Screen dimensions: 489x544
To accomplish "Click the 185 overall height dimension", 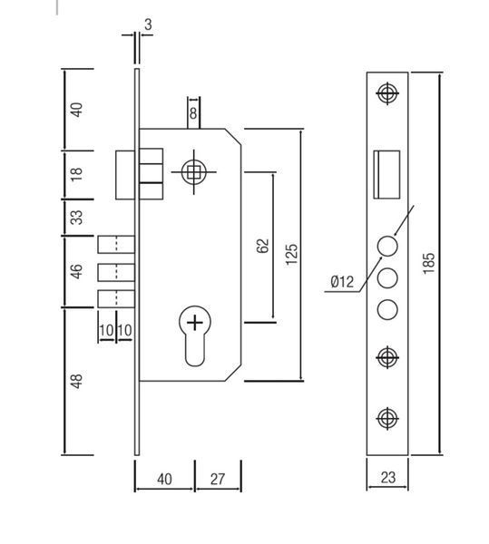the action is coord(428,263).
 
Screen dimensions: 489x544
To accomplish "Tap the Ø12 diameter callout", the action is coord(342,281).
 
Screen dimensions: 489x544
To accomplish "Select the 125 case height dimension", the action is coord(291,254).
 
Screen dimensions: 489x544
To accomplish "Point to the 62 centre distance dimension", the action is coord(264,246).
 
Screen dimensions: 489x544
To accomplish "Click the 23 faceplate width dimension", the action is coord(387,478).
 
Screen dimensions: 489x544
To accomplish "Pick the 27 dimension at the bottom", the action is coord(218,479).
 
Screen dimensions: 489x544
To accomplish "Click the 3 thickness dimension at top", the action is coord(148,24).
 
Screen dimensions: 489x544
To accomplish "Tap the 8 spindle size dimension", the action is coord(193,113).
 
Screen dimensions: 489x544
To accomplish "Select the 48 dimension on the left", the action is coord(77,381).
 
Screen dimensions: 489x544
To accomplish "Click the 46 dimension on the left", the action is coord(77,271).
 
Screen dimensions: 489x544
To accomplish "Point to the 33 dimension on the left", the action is coord(77,218).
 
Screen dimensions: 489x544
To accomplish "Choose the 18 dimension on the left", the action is coord(77,174).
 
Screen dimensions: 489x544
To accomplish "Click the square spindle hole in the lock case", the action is coord(193,171).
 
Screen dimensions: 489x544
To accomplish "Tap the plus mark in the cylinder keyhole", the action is coord(195,323).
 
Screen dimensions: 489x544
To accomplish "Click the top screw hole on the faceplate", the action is coord(387,93).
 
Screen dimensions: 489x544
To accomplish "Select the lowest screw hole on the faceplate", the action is coord(387,418).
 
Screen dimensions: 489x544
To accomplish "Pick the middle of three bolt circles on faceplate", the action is coord(387,278).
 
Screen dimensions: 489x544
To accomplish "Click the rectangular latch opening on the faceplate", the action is coord(386,174).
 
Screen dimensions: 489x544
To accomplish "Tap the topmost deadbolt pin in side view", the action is coord(116,244).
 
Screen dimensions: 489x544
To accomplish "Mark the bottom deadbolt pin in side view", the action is coord(116,298).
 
